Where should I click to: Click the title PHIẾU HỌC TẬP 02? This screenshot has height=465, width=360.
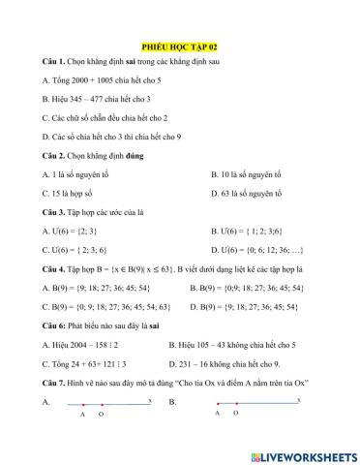pyautogui.click(x=179, y=46)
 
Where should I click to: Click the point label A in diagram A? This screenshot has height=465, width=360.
pyautogui.click(x=83, y=415)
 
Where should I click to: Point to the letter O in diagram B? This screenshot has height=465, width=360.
pyautogui.click(x=237, y=413)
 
